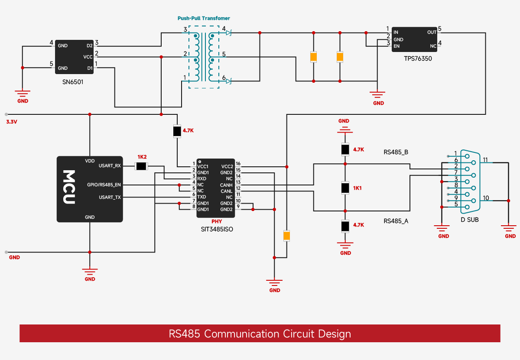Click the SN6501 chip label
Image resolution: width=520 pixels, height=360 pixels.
point(73,82)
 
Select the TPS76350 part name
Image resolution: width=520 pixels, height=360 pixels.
point(418,58)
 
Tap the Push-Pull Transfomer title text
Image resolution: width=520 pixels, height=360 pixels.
point(204,18)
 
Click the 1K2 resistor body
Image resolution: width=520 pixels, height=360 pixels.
point(141,166)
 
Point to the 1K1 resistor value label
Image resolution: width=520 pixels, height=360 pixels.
point(357,188)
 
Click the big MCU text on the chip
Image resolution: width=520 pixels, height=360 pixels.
point(69,187)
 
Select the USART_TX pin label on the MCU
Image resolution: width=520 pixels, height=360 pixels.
point(110,197)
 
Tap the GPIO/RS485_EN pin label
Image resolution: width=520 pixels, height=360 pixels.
point(104,185)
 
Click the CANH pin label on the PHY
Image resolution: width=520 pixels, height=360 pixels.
point(226,185)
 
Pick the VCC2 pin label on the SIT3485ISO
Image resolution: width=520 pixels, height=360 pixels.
point(227,167)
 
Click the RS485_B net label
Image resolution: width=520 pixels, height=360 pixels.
point(396,152)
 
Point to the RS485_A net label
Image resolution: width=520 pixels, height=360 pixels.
point(396,221)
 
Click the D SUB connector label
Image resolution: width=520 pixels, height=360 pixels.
point(470,220)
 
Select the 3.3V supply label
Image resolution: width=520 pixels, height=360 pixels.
point(12,122)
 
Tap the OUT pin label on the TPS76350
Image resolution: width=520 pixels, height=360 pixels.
point(432,32)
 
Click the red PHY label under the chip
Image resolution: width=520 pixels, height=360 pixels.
point(217,221)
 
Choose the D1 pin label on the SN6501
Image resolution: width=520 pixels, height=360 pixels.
point(90,68)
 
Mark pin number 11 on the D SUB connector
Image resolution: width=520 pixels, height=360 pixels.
point(485,160)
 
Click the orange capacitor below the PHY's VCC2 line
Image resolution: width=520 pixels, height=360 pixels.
point(287,236)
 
